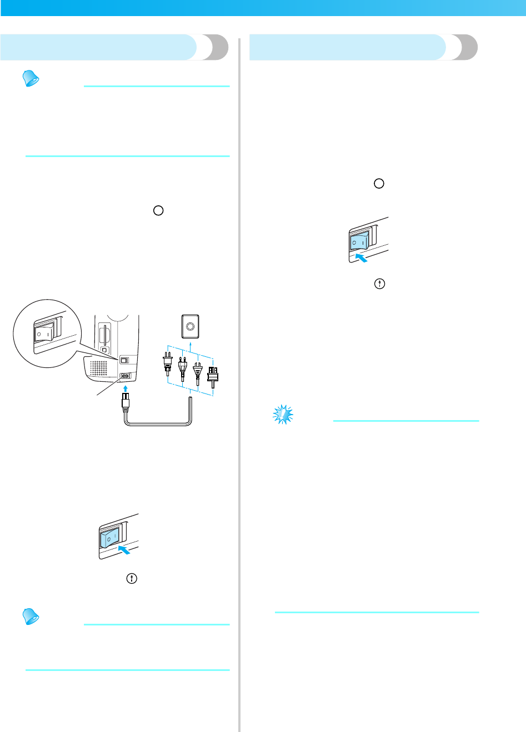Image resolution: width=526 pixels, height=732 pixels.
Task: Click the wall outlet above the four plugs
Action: pyautogui.click(x=191, y=326)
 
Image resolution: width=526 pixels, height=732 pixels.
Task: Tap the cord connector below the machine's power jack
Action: pyautogui.click(x=125, y=401)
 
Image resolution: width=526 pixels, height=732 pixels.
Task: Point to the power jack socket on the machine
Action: pyautogui.click(x=125, y=376)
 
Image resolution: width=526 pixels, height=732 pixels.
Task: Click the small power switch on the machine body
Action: pyautogui.click(x=124, y=361)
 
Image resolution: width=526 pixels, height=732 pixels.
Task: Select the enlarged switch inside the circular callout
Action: pyautogui.click(x=44, y=334)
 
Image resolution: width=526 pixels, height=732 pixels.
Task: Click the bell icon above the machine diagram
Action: pyautogui.click(x=31, y=79)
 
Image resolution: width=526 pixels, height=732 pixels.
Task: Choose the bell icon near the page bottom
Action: pyautogui.click(x=31, y=616)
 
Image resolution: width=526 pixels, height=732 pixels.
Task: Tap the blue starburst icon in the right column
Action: pyautogui.click(x=283, y=414)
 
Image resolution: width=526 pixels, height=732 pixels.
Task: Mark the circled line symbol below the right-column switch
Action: pyautogui.click(x=379, y=284)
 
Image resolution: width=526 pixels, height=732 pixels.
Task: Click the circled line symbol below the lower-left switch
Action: pyautogui.click(x=132, y=578)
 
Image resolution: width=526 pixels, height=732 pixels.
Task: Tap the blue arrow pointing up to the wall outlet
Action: pyautogui.click(x=191, y=347)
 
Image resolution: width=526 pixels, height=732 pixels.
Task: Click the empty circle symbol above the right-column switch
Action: pyautogui.click(x=379, y=184)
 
